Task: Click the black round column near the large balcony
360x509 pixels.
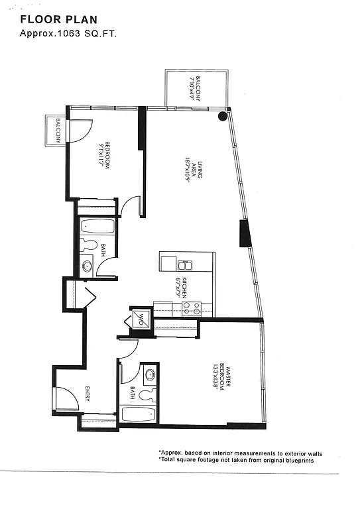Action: (x=223, y=116)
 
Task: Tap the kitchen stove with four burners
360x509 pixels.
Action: (x=192, y=308)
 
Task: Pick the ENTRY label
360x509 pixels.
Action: (x=87, y=395)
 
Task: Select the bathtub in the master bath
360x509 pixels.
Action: (x=138, y=416)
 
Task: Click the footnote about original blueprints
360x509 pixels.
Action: (x=236, y=460)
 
